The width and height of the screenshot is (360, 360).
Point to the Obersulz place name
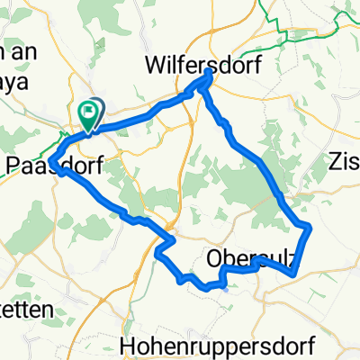pos(252,258)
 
